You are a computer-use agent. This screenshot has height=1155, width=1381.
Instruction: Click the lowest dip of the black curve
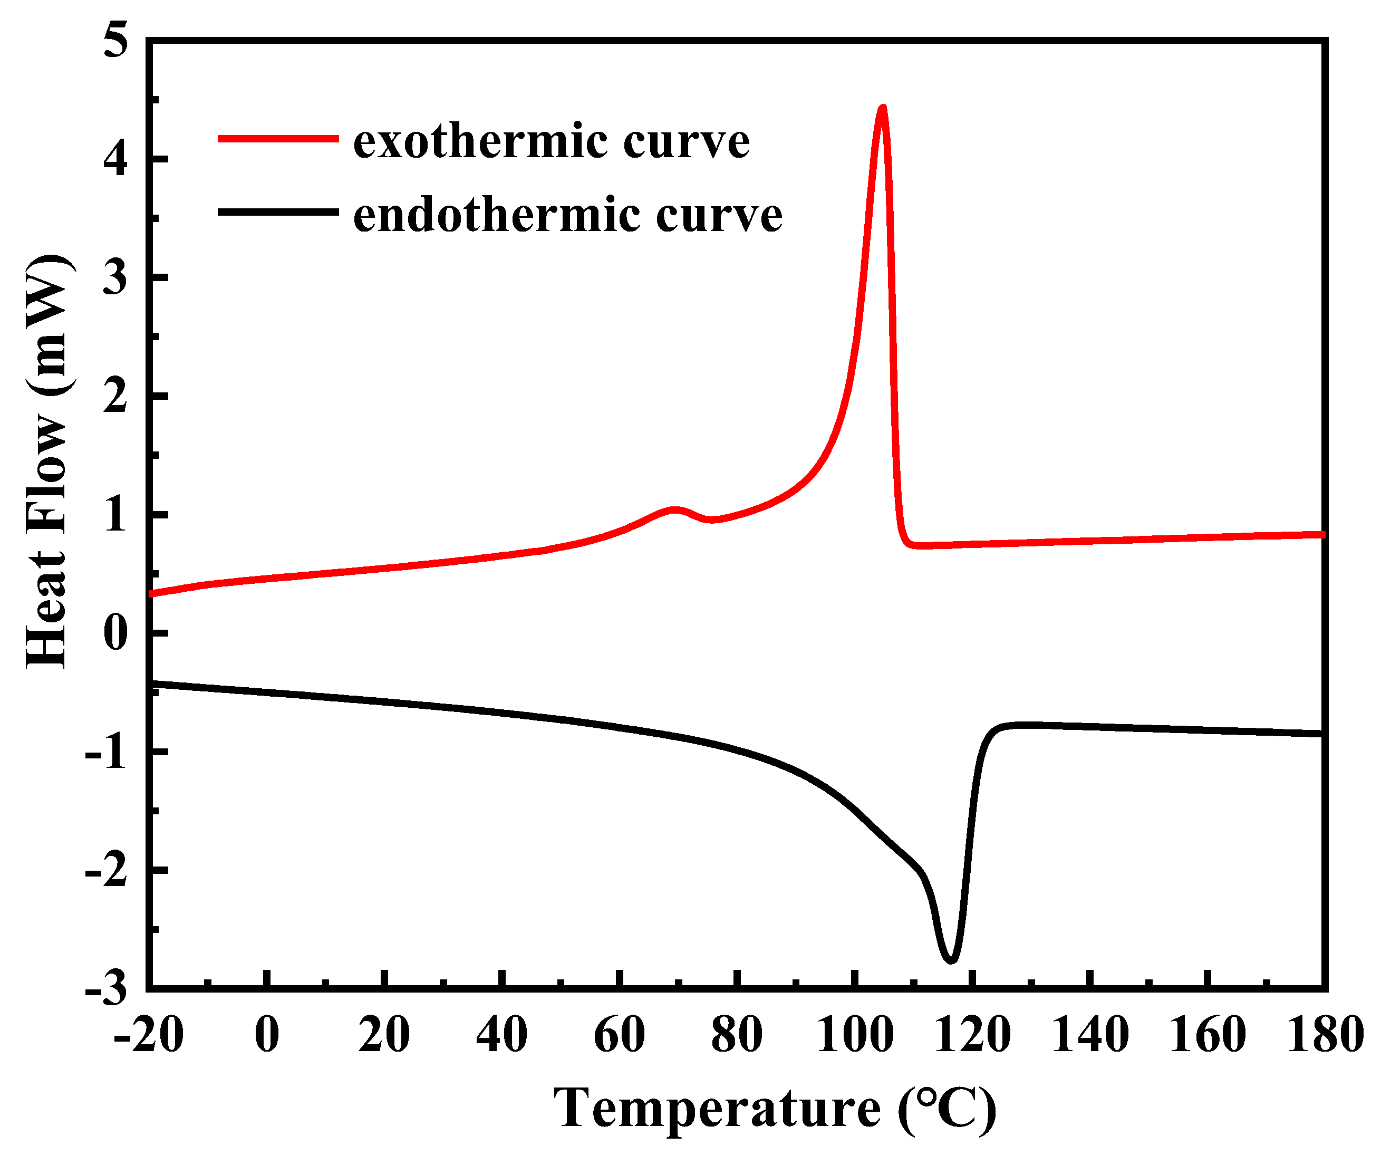[951, 960]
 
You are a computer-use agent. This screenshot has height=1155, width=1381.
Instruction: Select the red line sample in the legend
[277, 138]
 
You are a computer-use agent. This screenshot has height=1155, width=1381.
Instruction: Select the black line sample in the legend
[277, 212]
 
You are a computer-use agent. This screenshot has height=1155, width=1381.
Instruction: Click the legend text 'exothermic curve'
[551, 141]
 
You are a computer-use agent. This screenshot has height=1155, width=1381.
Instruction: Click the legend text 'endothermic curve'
[567, 215]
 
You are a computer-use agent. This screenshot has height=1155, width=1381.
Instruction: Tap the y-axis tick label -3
[107, 988]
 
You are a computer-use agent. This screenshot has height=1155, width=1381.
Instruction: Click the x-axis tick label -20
[148, 1035]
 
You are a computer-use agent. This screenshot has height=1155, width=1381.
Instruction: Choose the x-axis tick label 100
[854, 1035]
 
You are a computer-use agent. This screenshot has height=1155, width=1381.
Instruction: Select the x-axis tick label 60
[619, 1035]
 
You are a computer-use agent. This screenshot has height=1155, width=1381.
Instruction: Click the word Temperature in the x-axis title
[717, 1108]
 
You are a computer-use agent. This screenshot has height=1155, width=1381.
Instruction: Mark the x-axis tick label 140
[1090, 1035]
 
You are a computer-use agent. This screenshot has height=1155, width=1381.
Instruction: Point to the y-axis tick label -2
[107, 870]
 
